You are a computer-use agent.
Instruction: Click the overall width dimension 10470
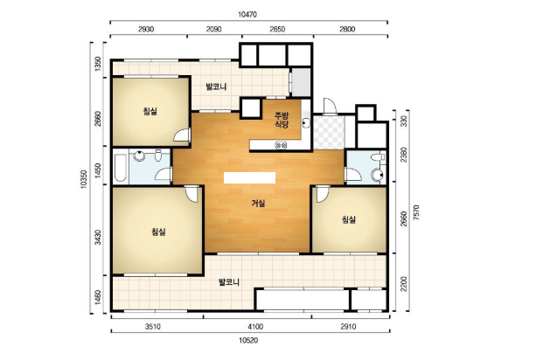pyautogui.click(x=247, y=14)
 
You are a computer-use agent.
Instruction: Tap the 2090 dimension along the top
pyautogui.click(x=213, y=29)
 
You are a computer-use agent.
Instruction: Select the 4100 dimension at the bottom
pyautogui.click(x=255, y=327)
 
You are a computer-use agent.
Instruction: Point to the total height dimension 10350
pyautogui.click(x=83, y=179)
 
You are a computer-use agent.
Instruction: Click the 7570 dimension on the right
pyautogui.click(x=416, y=213)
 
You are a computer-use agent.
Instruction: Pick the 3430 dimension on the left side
pyautogui.click(x=98, y=238)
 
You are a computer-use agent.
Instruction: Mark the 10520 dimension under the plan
pyautogui.click(x=248, y=341)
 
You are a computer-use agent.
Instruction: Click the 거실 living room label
pyautogui.click(x=258, y=204)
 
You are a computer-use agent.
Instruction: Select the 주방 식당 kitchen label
pyautogui.click(x=282, y=121)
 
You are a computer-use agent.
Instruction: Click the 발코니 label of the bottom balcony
pyautogui.click(x=229, y=282)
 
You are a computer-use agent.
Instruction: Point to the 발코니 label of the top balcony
pyautogui.click(x=216, y=87)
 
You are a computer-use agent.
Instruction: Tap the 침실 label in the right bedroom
pyautogui.click(x=349, y=220)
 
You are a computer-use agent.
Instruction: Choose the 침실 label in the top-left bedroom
pyautogui.click(x=150, y=112)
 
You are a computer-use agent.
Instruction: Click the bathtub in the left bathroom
pyautogui.click(x=121, y=167)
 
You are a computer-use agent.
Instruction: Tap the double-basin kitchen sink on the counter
pyautogui.click(x=281, y=145)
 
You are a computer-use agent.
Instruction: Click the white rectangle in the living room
pyautogui.click(x=250, y=178)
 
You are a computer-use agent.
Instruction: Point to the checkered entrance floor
pyautogui.click(x=329, y=133)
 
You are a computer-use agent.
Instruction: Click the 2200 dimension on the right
pyautogui.click(x=404, y=284)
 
